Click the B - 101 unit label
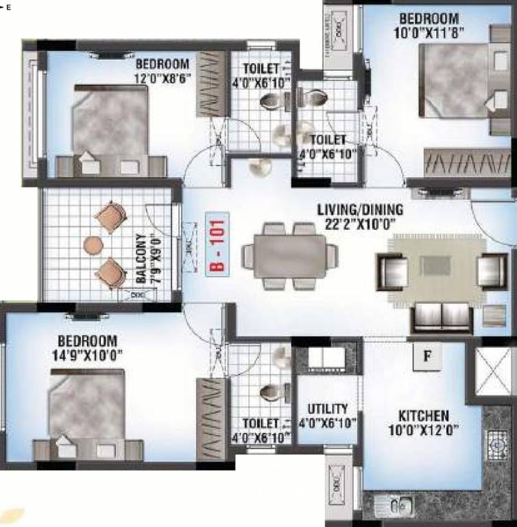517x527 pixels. click(x=217, y=245)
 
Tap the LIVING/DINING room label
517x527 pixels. click(x=360, y=209)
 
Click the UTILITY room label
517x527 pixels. click(x=327, y=408)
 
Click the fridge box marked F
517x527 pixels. click(x=427, y=355)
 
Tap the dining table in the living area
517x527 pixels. click(x=292, y=255)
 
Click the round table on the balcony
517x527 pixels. click(x=93, y=244)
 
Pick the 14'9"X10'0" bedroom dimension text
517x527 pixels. click(x=87, y=356)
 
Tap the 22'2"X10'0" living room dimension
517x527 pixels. click(x=361, y=224)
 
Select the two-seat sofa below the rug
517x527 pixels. click(x=441, y=317)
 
